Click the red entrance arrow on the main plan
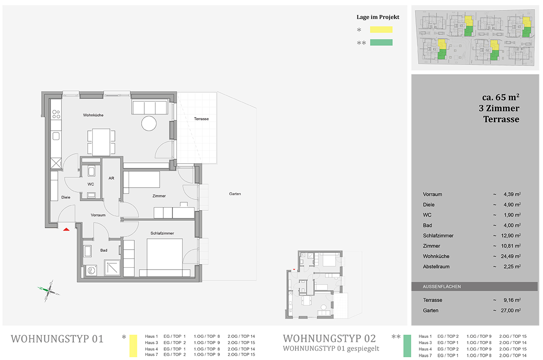(67, 229)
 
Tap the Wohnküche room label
(93, 115)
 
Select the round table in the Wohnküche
(149, 123)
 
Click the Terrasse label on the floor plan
(201, 118)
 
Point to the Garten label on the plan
(235, 194)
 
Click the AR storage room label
(111, 178)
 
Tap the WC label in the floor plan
(90, 184)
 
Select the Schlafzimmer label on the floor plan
(162, 233)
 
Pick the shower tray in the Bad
(112, 268)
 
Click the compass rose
(49, 290)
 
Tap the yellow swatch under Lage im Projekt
(381, 29)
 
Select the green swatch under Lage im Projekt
(381, 43)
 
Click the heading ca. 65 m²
(500, 97)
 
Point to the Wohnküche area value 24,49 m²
(511, 256)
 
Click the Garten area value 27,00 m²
(511, 310)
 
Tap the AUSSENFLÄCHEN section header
(442, 287)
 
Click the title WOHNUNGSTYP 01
(57, 339)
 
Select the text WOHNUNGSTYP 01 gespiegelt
(331, 349)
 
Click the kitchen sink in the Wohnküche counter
(56, 136)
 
